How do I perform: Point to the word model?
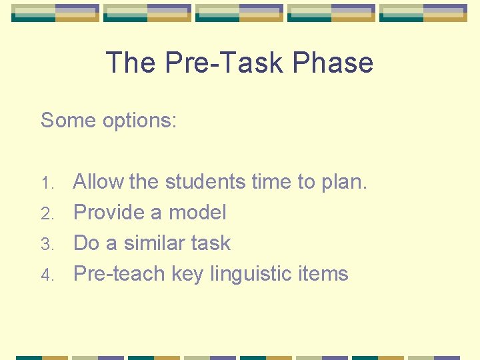coord(197,213)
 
